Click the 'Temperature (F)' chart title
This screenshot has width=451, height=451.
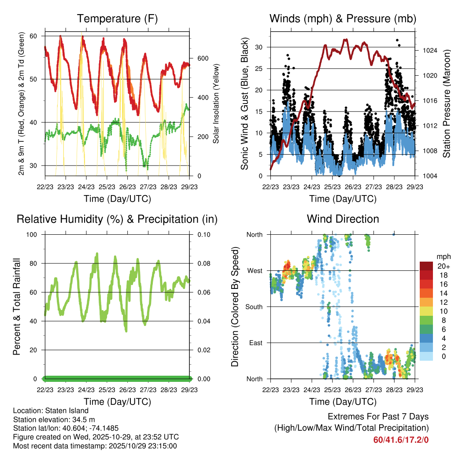click(117, 19)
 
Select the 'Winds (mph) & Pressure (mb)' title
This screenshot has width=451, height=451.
click(343, 19)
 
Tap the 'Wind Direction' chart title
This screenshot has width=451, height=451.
click(343, 219)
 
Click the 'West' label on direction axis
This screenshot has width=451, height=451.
click(255, 270)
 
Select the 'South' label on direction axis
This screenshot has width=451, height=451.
click(253, 307)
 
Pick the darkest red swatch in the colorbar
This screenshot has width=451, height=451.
click(426, 266)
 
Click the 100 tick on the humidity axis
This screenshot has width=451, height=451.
click(35, 234)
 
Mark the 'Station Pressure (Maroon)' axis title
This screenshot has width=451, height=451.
click(446, 104)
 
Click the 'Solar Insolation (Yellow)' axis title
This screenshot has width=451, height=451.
click(216, 104)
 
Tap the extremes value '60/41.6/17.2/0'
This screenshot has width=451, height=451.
click(401, 440)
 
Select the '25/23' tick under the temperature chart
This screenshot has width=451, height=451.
click(107, 187)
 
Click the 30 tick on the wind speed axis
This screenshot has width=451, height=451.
click(259, 47)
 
